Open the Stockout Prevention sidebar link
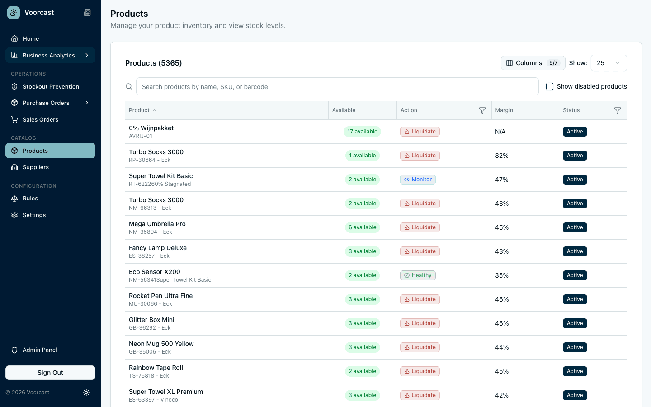coord(50,86)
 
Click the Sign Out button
coord(50,373)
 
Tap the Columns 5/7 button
coord(533,63)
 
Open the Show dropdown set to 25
coord(609,63)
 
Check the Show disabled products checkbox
coord(550,86)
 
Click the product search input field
coord(337,86)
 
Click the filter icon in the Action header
coord(482,110)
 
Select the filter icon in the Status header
coord(618,110)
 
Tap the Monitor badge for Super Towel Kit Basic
coord(418,180)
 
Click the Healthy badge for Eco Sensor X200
coord(418,275)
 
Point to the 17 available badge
coord(362,132)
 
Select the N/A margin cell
coord(500,132)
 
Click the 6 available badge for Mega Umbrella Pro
coord(362,227)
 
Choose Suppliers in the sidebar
coord(36,167)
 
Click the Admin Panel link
coord(40,350)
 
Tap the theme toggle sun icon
coord(86,393)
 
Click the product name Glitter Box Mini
coord(151,320)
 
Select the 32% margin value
coord(502,156)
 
